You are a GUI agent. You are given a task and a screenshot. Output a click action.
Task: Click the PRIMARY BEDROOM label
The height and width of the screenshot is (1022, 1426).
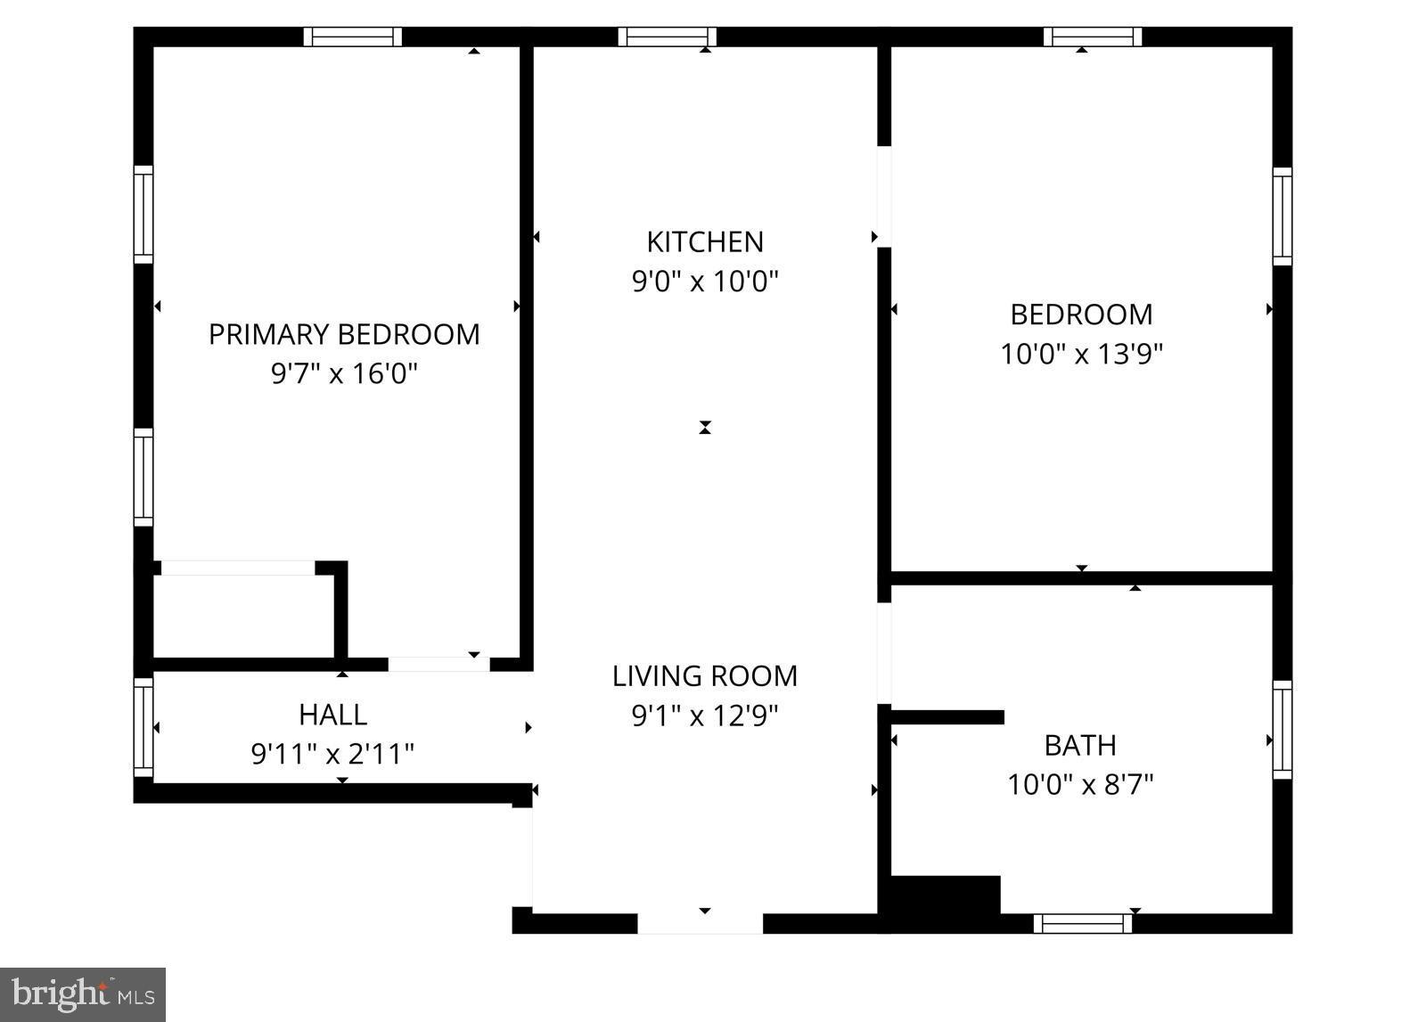tap(344, 334)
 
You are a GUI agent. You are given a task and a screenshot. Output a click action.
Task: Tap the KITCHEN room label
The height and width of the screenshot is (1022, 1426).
tap(705, 241)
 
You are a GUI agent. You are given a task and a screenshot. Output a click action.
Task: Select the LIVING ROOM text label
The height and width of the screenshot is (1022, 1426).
tap(705, 675)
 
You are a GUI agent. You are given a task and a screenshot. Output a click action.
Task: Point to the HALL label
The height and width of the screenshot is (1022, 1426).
tap(332, 714)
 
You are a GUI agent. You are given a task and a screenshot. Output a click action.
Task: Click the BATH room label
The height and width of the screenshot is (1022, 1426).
tap(1080, 744)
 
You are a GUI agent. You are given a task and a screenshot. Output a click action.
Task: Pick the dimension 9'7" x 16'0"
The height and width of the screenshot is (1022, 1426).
tap(344, 372)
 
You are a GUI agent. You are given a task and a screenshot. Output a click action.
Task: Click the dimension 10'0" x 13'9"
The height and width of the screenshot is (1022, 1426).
tap(1081, 354)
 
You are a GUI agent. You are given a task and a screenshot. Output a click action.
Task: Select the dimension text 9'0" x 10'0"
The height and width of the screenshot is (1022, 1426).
tap(705, 282)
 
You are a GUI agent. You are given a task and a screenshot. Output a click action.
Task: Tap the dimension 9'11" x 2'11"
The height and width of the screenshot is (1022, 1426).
tap(332, 754)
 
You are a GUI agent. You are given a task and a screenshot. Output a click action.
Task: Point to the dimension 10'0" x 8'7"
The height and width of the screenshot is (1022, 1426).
tap(1080, 784)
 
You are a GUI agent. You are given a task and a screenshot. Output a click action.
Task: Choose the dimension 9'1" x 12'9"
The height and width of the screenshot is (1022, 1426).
tap(705, 715)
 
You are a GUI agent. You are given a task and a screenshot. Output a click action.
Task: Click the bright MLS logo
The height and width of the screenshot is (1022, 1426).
tap(83, 994)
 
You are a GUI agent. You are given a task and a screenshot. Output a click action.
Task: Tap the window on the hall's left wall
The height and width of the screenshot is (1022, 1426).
tap(143, 726)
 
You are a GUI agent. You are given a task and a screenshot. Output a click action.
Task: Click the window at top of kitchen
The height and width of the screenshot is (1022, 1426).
tap(668, 37)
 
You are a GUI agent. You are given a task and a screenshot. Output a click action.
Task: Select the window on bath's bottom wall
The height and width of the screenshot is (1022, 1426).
tap(1083, 924)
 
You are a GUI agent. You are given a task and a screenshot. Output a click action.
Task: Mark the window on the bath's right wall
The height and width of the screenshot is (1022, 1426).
tap(1283, 729)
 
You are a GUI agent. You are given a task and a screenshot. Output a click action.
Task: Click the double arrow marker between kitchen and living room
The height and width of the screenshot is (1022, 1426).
tap(705, 428)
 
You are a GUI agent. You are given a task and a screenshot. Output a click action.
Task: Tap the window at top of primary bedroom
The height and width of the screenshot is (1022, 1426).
tap(352, 37)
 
